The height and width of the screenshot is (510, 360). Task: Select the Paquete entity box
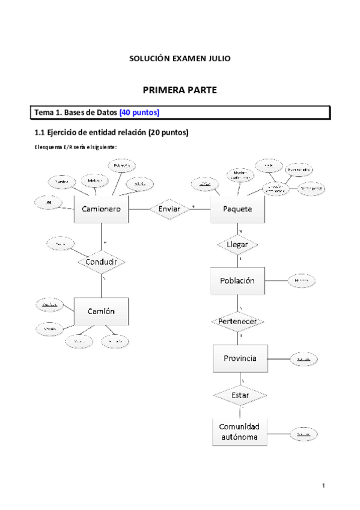point(237,209)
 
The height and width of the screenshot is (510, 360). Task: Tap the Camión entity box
point(100,311)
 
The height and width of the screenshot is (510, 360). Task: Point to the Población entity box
point(237,281)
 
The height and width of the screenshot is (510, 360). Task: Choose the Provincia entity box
point(240,358)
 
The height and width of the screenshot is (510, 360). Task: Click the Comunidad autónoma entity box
point(240,431)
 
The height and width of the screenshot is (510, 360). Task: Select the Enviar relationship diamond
point(169,209)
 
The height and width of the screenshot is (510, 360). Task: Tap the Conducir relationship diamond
point(101,262)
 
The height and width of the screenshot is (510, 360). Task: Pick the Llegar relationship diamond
point(237,245)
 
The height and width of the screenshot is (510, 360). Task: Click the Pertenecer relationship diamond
point(237,321)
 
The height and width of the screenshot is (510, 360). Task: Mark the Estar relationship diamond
point(240,395)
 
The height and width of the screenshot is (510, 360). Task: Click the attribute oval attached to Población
point(302,281)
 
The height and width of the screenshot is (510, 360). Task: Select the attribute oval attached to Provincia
point(304,359)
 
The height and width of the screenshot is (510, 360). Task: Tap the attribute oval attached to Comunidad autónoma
point(304,433)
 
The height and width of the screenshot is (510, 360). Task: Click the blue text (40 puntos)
point(139,112)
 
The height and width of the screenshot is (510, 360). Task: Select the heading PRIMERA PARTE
point(179,90)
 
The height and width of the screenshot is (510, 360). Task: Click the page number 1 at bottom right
point(323,485)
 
